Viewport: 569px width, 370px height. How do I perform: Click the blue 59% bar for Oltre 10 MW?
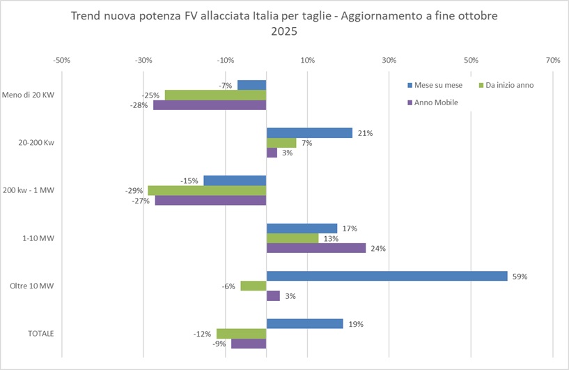[x=387, y=276]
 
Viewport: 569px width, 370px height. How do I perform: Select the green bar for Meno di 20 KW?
[x=215, y=95]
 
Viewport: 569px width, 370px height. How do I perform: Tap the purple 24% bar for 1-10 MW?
[x=315, y=248]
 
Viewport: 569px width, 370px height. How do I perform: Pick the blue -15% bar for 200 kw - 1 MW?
[x=235, y=180]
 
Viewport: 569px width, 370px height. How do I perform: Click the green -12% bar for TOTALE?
[x=242, y=334]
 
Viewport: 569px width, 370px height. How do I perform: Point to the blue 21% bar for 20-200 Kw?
[x=309, y=133]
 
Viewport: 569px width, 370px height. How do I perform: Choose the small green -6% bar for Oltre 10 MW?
[x=254, y=286]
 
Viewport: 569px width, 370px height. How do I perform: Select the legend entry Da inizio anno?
[x=506, y=86]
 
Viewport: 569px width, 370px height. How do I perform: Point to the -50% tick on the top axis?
[x=61, y=61]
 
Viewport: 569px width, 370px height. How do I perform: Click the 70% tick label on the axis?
[x=553, y=61]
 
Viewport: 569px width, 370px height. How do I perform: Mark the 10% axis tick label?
[x=307, y=61]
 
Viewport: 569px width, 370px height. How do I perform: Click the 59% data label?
[x=520, y=276]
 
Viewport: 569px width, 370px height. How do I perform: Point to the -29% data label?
[x=134, y=191]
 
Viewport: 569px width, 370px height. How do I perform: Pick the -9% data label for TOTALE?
[x=221, y=344]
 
